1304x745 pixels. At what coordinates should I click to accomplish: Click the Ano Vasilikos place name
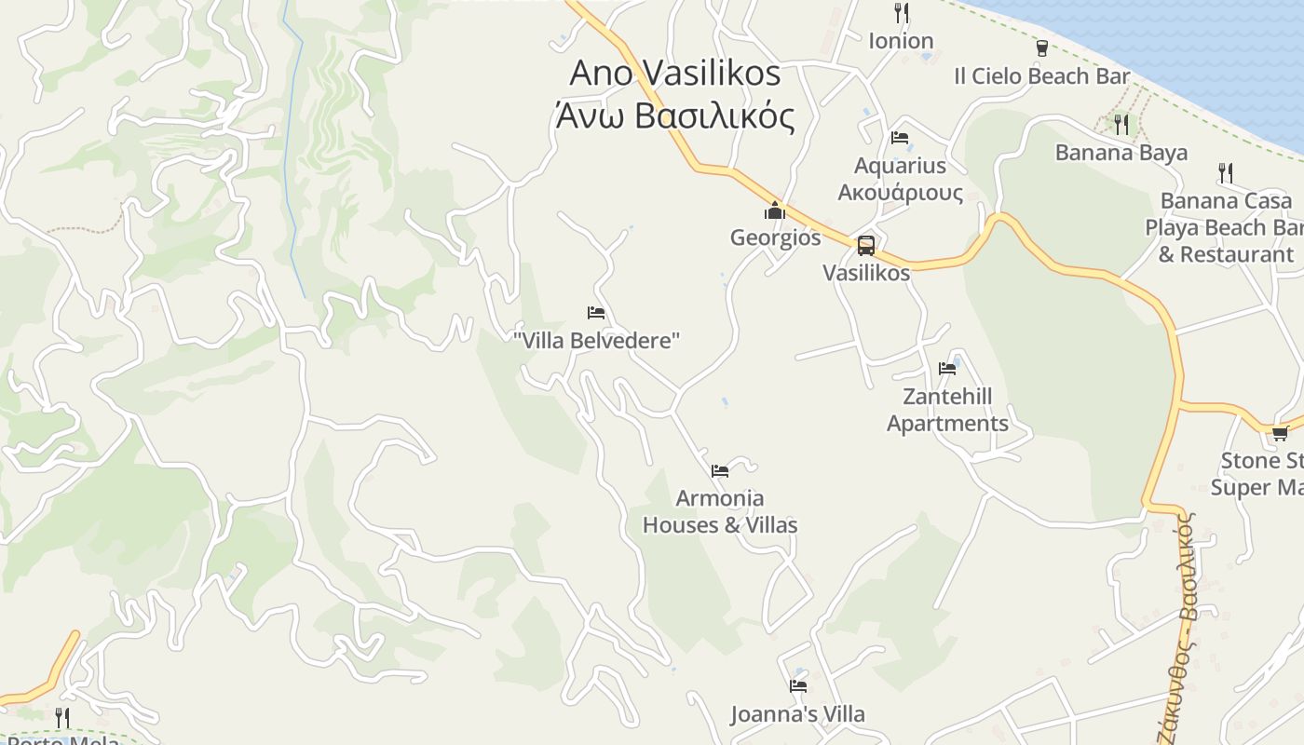674,73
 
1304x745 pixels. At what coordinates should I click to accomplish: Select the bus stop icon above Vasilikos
865,246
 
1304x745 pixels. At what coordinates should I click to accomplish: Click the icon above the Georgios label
775,211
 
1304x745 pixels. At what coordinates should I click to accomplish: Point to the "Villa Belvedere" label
596,341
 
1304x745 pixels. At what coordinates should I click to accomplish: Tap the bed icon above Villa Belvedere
596,313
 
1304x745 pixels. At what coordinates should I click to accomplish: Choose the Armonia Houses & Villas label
720,511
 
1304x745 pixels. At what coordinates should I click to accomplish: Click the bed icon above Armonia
720,471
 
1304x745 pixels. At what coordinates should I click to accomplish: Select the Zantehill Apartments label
947,410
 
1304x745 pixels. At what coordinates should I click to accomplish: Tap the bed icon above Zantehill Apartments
947,369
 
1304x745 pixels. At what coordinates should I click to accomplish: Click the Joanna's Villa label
797,714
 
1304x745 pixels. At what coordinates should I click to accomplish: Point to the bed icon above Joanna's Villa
798,686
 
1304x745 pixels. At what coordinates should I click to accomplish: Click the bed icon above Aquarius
900,138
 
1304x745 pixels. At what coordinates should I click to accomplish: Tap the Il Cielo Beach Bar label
1041,76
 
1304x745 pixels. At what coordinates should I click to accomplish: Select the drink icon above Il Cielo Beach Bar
1041,48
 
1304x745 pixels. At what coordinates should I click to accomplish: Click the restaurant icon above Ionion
901,13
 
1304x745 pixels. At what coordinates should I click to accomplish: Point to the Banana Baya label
1121,153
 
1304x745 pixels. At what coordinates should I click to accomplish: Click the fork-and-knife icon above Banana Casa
1226,172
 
